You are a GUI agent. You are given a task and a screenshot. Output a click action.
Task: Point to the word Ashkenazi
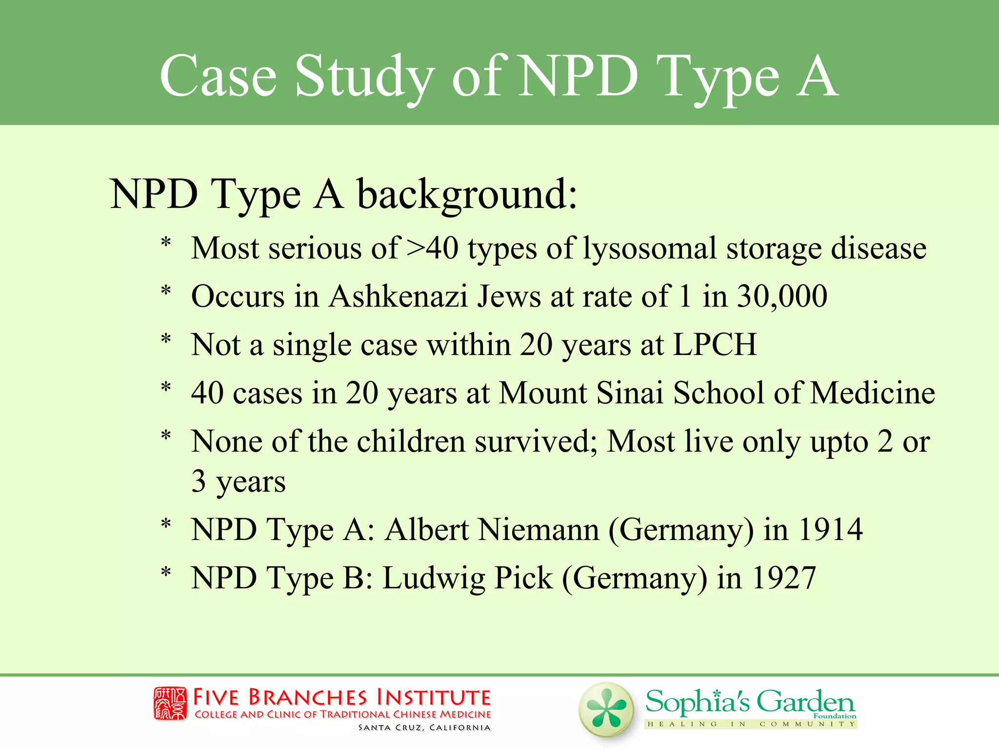click(398, 296)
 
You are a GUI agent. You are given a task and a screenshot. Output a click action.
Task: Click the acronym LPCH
click(715, 345)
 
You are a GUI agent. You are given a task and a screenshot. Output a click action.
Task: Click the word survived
click(536, 441)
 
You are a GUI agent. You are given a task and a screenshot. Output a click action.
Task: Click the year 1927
click(784, 578)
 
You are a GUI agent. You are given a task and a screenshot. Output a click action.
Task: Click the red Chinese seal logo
click(170, 704)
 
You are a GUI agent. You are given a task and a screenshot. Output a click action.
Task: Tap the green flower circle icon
click(606, 709)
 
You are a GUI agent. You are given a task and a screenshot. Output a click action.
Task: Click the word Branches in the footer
click(307, 697)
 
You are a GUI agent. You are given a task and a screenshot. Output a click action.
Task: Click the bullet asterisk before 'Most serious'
click(166, 243)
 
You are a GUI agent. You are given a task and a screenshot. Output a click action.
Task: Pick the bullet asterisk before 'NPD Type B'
click(166, 572)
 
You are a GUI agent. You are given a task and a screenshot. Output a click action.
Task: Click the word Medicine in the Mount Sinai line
click(872, 393)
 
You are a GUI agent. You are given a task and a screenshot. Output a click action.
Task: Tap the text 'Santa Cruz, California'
click(424, 728)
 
